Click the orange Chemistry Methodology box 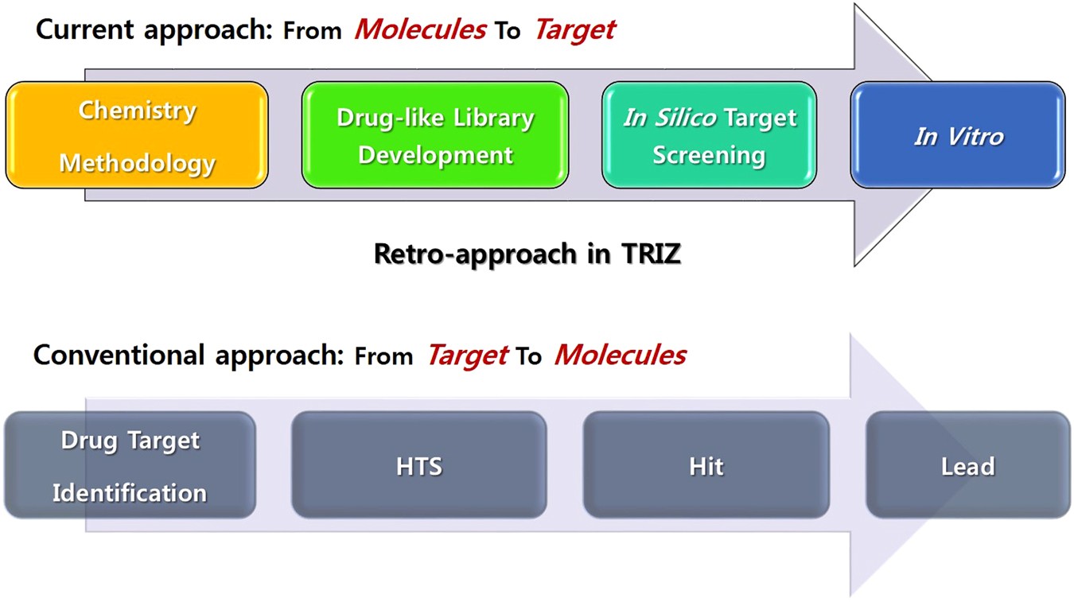[137, 135]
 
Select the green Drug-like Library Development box [435, 135]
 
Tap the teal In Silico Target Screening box [710, 135]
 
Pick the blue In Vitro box [958, 135]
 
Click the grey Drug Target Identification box [130, 465]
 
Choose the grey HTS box [419, 465]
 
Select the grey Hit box [706, 465]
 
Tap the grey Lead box [968, 465]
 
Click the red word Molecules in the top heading [421, 29]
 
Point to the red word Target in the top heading [575, 31]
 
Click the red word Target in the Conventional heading [468, 356]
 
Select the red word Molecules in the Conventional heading [621, 355]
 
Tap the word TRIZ [651, 254]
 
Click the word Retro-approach [475, 254]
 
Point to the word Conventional [119, 355]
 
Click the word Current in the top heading [85, 29]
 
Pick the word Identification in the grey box [130, 493]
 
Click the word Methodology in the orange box [137, 164]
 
